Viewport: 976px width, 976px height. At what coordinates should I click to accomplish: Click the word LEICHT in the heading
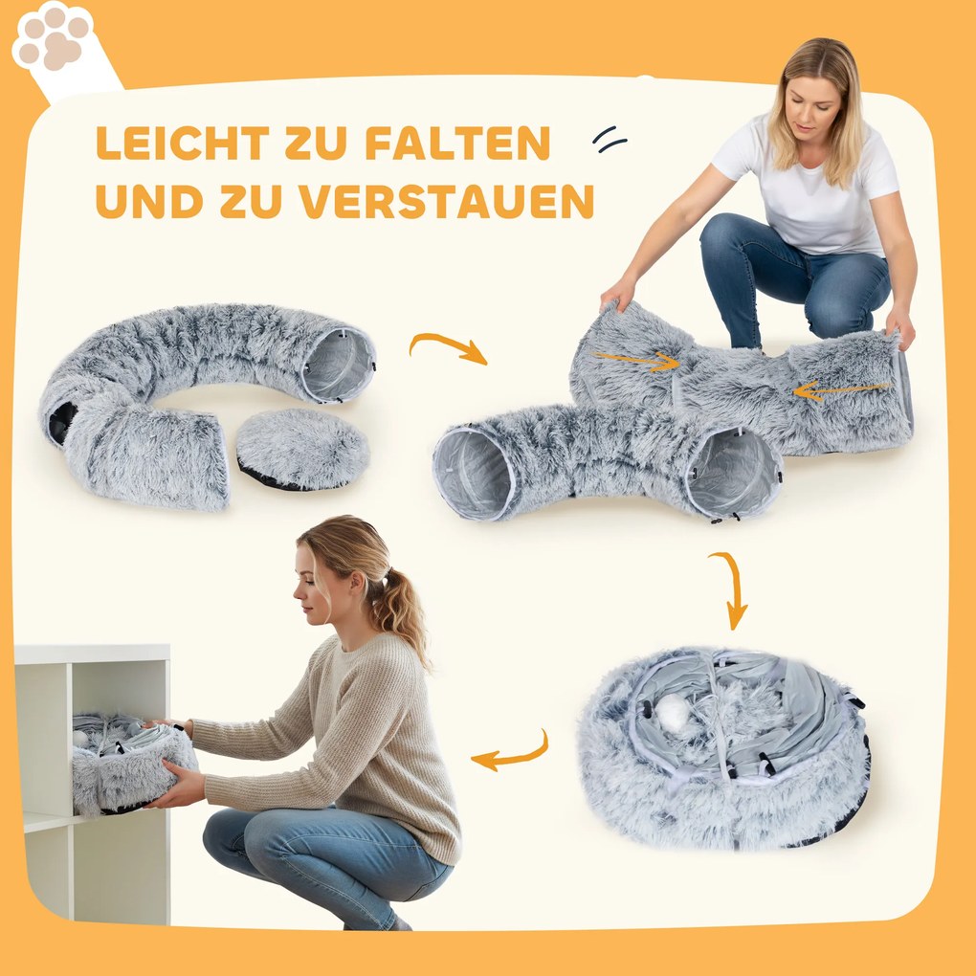pos(183,144)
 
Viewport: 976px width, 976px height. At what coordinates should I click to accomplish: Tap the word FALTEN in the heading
pos(457,144)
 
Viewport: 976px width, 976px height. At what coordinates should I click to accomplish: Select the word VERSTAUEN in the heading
pos(447,201)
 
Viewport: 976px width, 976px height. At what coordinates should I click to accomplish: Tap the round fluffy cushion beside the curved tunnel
pos(302,449)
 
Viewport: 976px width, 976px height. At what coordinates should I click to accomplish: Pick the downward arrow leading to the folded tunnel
pos(735,588)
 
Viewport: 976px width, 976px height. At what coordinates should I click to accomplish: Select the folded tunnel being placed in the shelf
pos(133,765)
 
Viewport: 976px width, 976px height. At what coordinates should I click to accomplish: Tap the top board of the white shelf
pos(92,654)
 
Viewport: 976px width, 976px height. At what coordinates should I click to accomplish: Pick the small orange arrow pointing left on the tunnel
pos(841,391)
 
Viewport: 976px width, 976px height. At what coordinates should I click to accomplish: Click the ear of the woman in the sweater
pos(357,585)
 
